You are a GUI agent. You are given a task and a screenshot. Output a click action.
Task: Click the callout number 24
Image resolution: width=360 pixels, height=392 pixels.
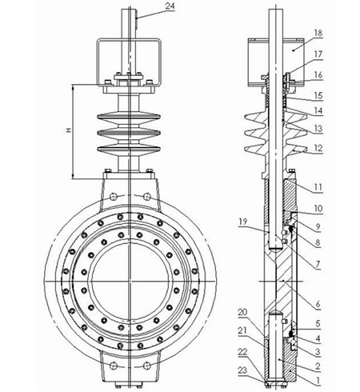pos(170,6)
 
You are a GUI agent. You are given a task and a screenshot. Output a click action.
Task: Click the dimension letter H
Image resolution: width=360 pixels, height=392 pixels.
pos(68,130)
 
